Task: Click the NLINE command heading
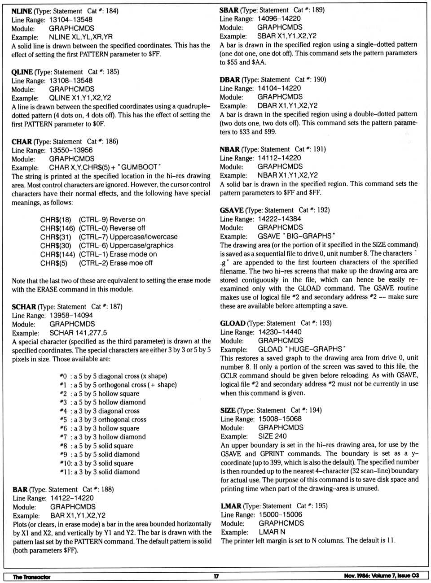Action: coord(21,11)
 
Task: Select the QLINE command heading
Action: coord(22,72)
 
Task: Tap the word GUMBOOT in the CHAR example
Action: coord(141,167)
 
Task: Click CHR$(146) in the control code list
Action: coord(57,228)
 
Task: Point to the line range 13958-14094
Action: coord(71,315)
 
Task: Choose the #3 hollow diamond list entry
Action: coord(102,402)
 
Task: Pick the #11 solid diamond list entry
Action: coord(99,472)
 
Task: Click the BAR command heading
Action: coord(20,489)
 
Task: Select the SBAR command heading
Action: coord(229,10)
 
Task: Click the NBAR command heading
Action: coord(229,149)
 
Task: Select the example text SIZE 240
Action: coord(272,436)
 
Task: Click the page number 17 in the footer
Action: coord(216,576)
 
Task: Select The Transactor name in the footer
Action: coord(31,577)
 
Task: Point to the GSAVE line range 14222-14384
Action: coord(279,219)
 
